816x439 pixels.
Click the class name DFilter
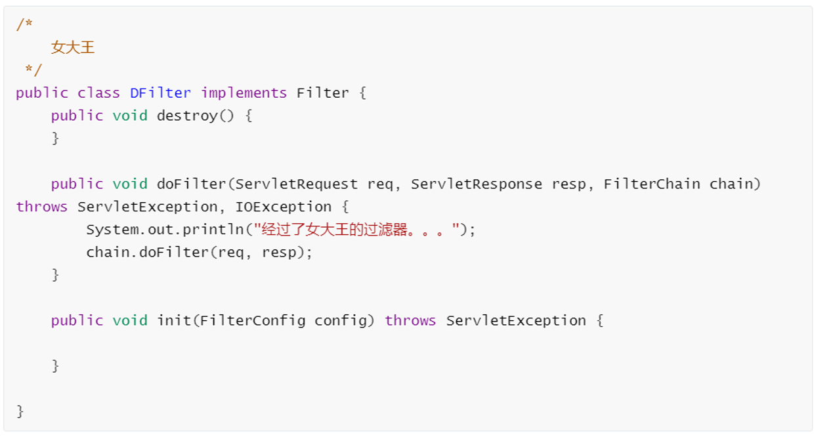[x=160, y=93]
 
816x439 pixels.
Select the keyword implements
[x=244, y=93]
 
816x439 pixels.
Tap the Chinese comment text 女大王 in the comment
[x=73, y=47]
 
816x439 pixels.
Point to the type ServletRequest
[x=297, y=184]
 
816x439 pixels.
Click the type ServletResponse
[x=477, y=184]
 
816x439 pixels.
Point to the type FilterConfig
[x=253, y=321]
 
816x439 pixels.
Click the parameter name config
[x=340, y=321]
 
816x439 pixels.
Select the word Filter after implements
[x=322, y=93]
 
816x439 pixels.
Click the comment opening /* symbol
[x=24, y=25]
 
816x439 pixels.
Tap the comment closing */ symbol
[x=33, y=70]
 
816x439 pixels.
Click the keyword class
[x=98, y=93]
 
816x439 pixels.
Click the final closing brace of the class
[x=20, y=411]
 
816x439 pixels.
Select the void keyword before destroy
[x=129, y=116]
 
